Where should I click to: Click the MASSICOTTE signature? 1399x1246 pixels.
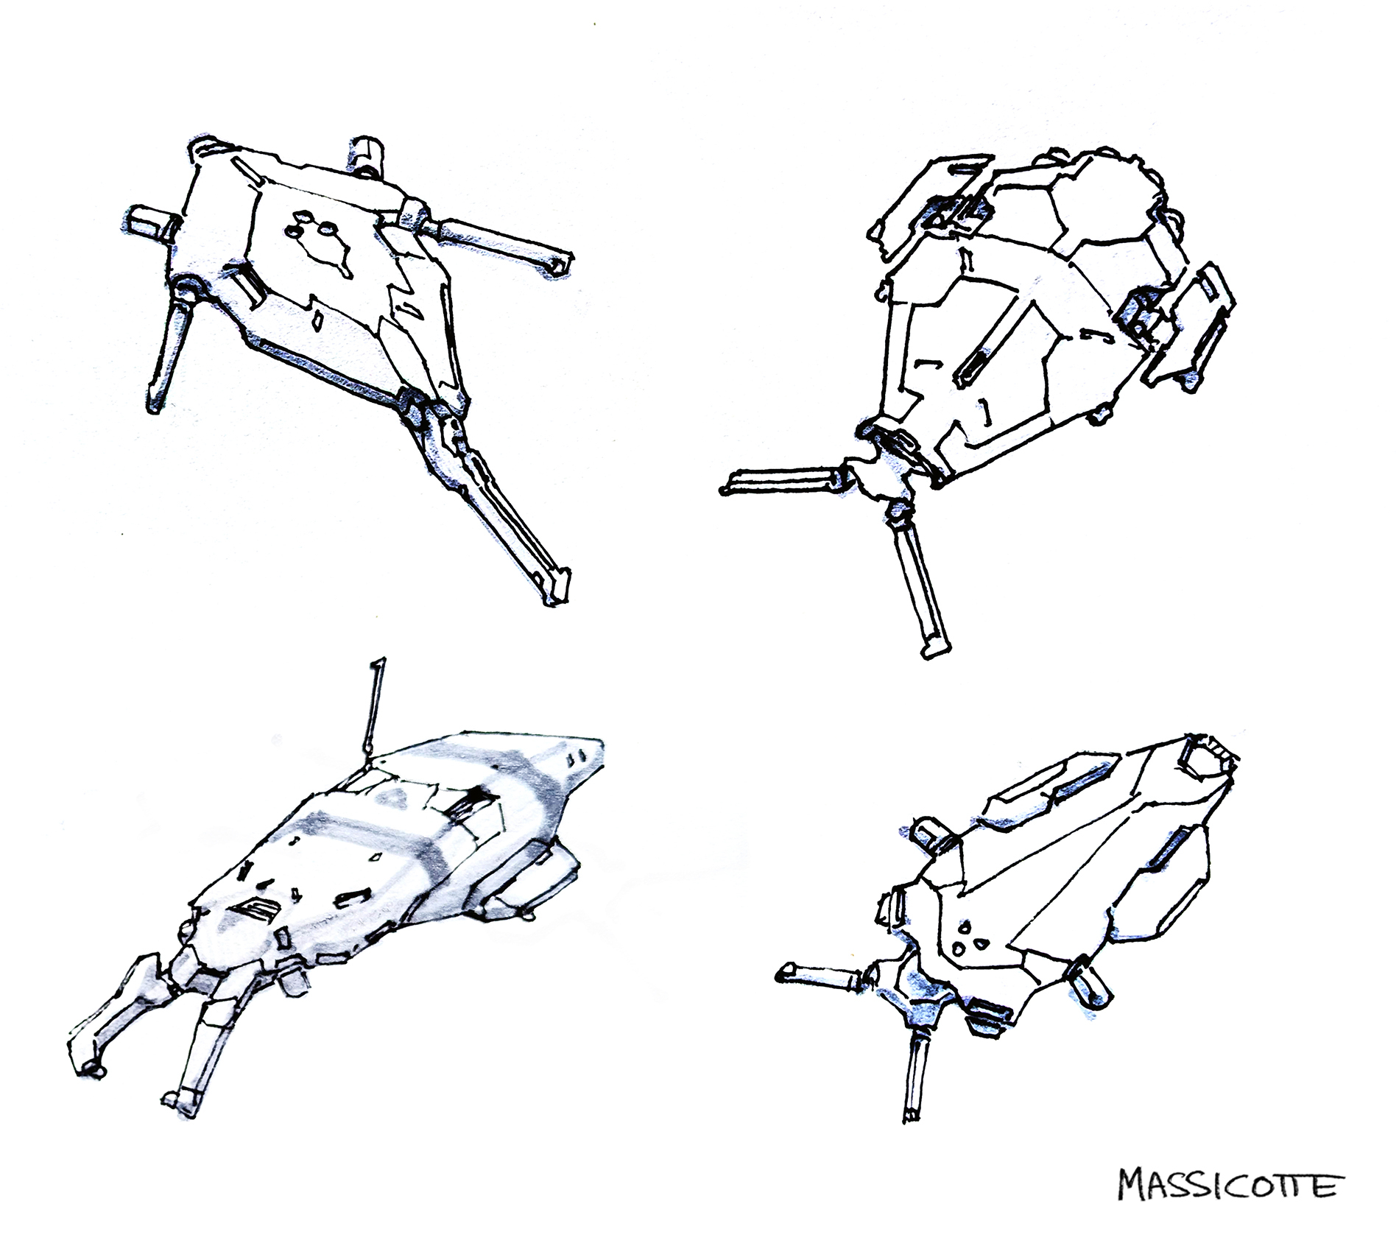point(1227,1185)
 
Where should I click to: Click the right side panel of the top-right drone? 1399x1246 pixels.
point(1187,324)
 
